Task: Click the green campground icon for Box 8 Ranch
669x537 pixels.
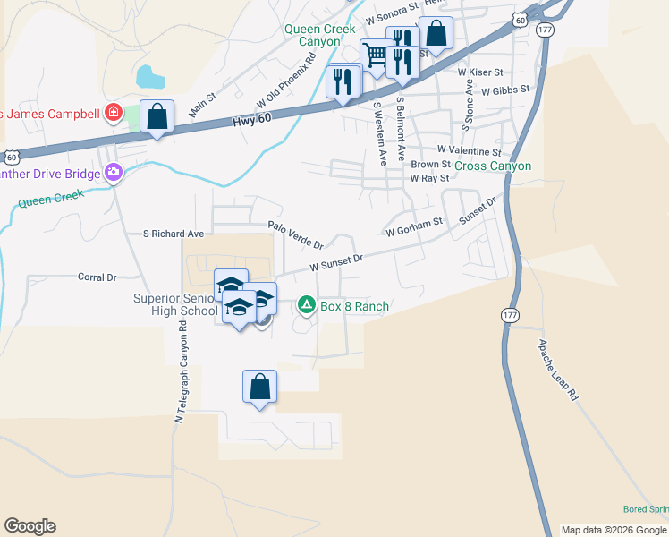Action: click(307, 306)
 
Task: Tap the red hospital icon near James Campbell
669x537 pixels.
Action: click(113, 113)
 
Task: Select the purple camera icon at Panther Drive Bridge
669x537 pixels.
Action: click(114, 173)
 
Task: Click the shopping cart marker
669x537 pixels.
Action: click(376, 56)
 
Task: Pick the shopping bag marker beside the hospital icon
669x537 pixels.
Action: click(157, 117)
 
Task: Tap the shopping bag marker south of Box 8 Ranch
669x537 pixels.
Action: click(259, 388)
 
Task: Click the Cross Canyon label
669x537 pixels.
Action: click(493, 166)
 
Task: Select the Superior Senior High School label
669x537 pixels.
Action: click(175, 304)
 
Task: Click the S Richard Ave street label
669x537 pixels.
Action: click(174, 234)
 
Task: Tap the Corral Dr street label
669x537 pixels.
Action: click(97, 277)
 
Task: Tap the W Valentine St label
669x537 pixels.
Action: click(469, 151)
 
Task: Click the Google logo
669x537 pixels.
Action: click(30, 526)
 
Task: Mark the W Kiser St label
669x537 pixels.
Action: click(480, 71)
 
